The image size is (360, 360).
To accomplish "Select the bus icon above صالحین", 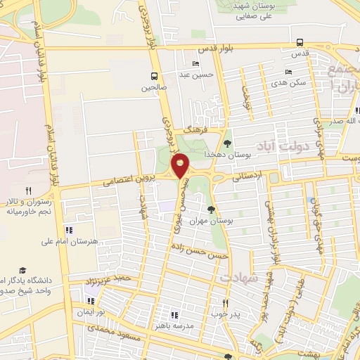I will (154, 76).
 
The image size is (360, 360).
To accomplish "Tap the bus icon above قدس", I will (300, 41).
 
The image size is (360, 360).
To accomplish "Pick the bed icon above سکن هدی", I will (288, 72).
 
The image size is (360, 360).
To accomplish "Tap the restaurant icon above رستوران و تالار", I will (29, 190).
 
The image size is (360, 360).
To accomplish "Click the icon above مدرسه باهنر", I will (174, 314).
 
